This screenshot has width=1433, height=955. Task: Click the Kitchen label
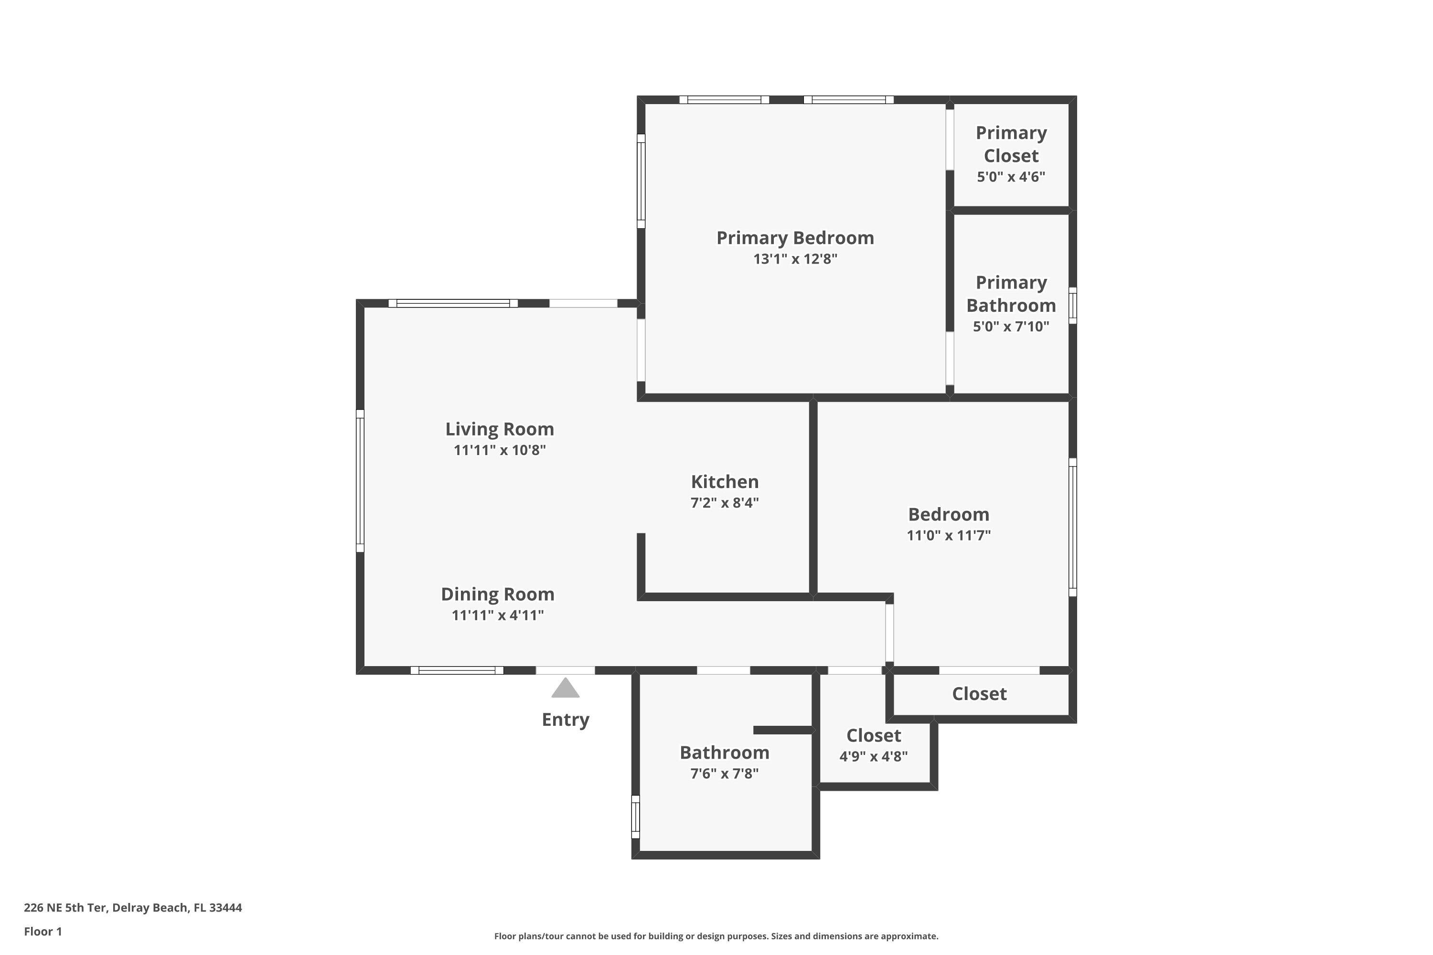725,482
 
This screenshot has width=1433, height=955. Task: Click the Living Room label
499,429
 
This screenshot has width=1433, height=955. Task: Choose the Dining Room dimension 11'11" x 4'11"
497,615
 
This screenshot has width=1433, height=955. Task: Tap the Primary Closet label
1011,144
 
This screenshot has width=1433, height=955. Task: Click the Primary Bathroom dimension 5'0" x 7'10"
1011,327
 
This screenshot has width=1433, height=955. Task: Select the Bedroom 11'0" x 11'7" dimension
948,535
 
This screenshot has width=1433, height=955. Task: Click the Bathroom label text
725,753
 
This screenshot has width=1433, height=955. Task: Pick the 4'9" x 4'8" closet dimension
873,756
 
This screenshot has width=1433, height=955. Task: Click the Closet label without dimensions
979,694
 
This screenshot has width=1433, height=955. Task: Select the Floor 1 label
43,931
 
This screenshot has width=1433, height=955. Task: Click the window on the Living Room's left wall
360,481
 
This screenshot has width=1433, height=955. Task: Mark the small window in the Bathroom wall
635,817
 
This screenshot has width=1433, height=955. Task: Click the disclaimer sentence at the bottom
716,936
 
